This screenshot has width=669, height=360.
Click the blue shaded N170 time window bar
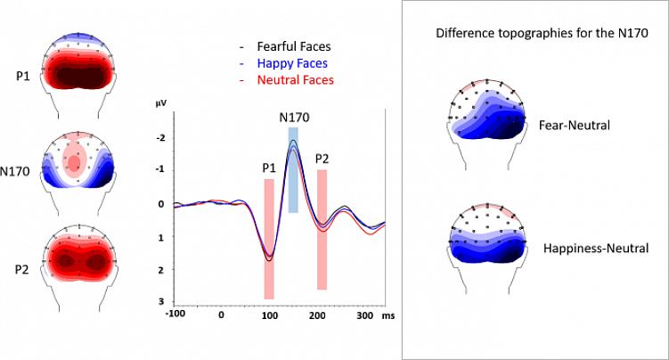(293, 169)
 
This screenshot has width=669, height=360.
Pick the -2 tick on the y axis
(160, 137)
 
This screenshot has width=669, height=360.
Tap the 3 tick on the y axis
(162, 302)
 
